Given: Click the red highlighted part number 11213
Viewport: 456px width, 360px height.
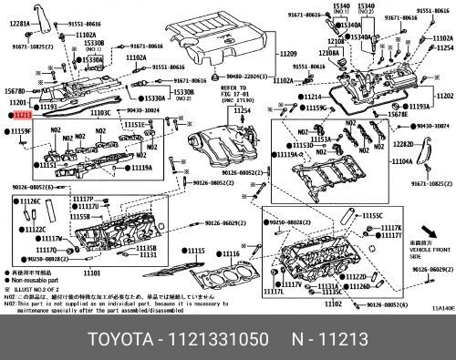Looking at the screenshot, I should (22, 117).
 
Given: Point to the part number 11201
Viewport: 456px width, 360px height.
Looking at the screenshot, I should (18, 104).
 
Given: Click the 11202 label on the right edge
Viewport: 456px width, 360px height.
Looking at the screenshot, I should (444, 96).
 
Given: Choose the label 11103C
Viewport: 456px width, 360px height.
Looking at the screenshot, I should (99, 113).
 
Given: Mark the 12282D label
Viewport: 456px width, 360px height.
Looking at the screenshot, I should (402, 144).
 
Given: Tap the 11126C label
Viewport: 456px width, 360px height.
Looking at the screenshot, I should (31, 201).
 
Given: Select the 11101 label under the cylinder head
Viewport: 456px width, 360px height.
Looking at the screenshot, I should (91, 273).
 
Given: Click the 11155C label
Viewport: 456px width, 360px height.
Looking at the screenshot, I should (372, 215).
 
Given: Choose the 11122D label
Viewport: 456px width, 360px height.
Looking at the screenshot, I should (355, 275).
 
